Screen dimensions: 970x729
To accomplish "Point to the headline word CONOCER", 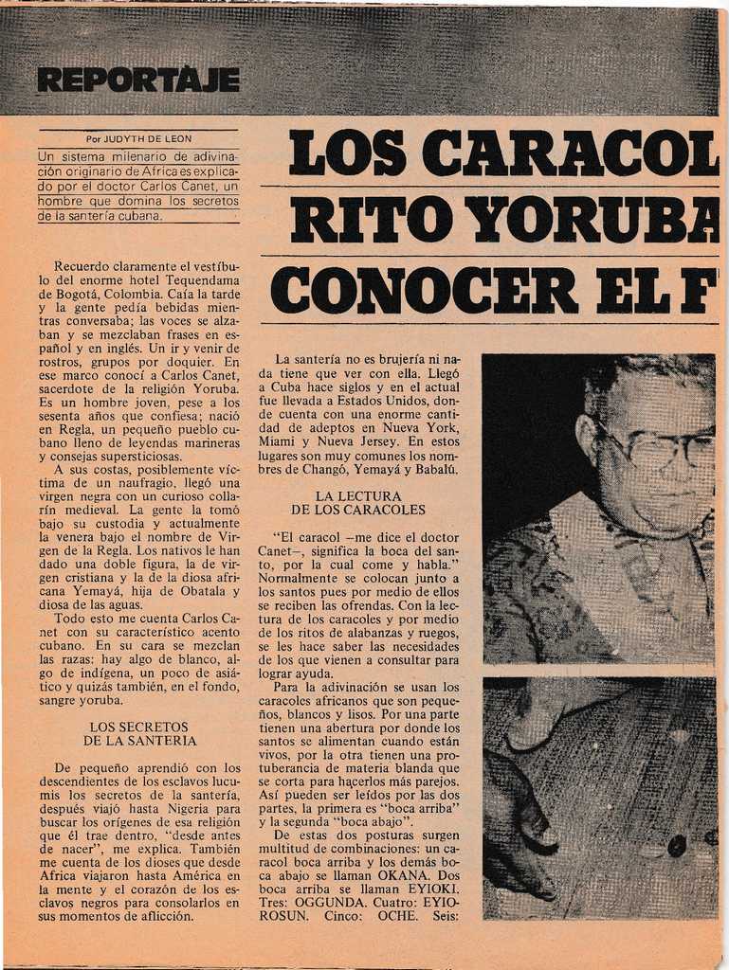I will point(424,290).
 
